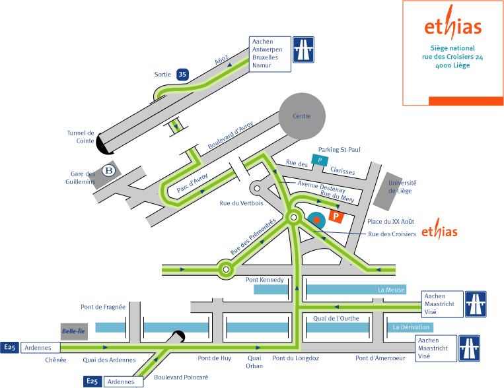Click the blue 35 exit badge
coord(182,75)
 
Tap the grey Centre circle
coord(301,116)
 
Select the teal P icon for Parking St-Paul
coord(320,160)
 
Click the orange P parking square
coord(336,216)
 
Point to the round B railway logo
coord(108,172)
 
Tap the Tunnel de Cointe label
coord(81,136)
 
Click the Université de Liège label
coord(402,187)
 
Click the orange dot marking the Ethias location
coord(316,219)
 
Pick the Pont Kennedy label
coord(265,280)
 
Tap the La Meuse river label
coord(390,290)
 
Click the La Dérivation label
coord(411,327)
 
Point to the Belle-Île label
coord(73,331)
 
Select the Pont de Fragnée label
coord(103,306)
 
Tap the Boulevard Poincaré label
coord(181,377)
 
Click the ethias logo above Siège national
coord(452,26)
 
